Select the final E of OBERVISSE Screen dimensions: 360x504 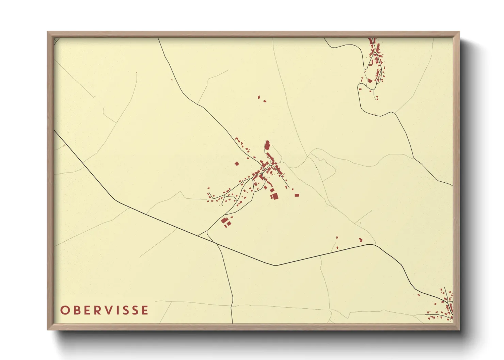(145, 310)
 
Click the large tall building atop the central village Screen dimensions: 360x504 (267, 145)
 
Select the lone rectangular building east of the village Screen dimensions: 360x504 (297, 195)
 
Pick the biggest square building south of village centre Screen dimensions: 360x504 (274, 196)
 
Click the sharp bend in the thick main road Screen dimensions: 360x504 (276, 265)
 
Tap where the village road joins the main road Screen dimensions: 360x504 (199, 235)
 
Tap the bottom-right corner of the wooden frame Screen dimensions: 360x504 (459, 329)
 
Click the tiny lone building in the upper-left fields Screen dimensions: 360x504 (172, 80)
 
